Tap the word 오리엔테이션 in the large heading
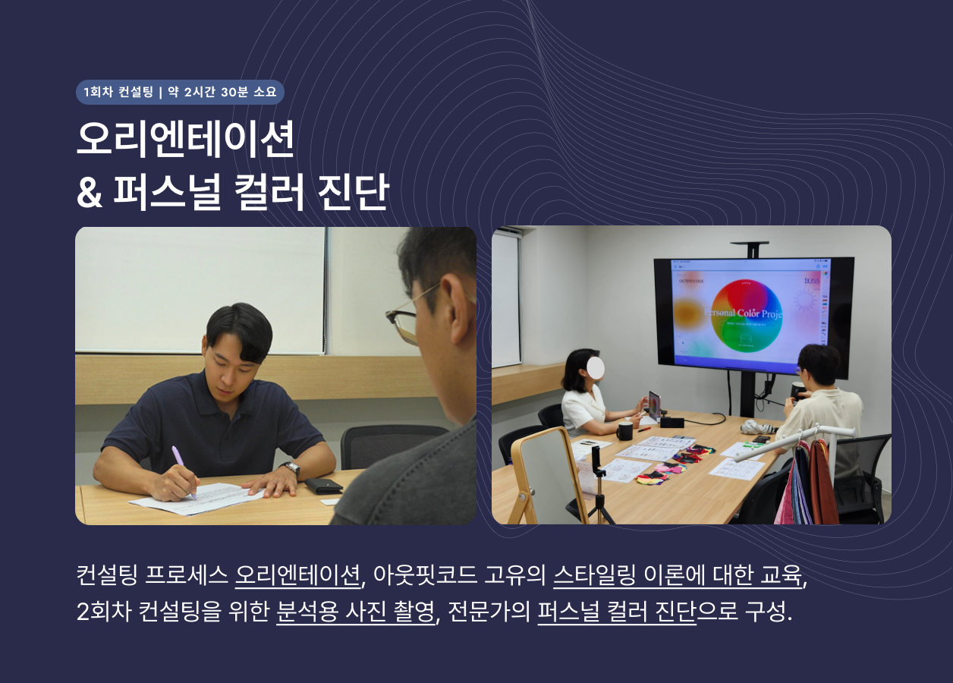click(x=185, y=140)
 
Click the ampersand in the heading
click(x=90, y=194)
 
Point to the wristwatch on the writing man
click(x=291, y=469)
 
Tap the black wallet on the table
click(x=324, y=486)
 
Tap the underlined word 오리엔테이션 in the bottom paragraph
click(x=297, y=576)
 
